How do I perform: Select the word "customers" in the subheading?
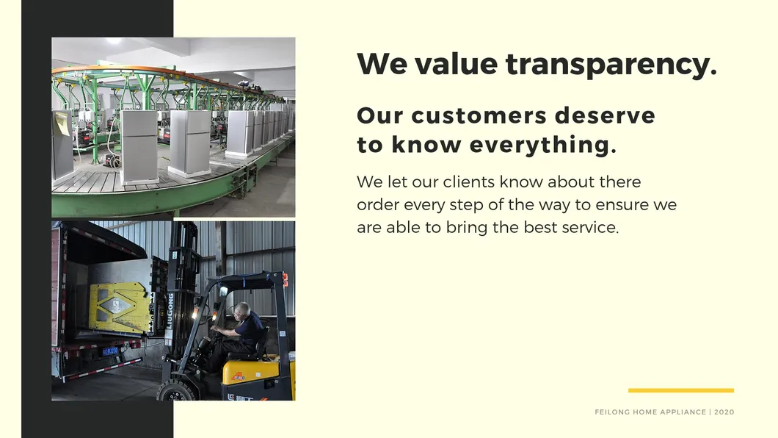(479, 115)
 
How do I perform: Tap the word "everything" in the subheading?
(543, 146)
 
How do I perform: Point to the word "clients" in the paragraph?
(469, 182)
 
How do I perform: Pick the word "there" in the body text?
(619, 182)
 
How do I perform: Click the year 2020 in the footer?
(724, 412)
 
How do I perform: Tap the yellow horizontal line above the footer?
(681, 390)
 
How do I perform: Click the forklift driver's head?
(242, 312)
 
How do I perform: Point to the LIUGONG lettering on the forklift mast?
(170, 311)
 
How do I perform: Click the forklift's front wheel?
(175, 391)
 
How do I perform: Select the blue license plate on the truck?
(110, 351)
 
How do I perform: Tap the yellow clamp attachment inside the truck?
(120, 307)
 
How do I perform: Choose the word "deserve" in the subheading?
(605, 115)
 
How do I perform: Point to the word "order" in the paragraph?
(377, 204)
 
